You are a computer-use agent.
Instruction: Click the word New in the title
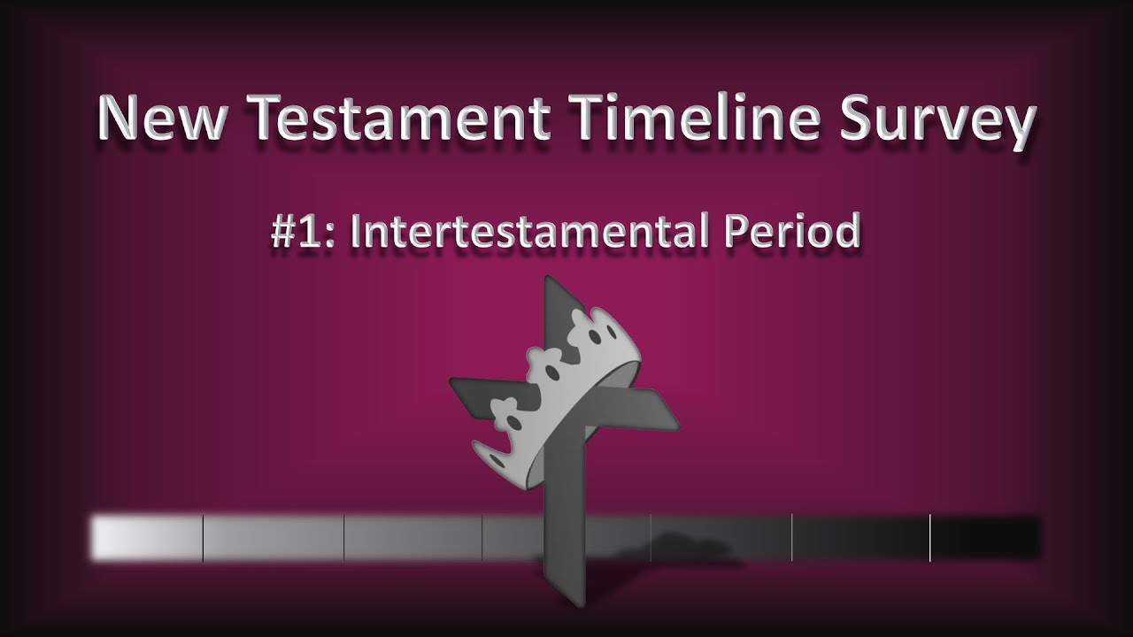point(158,119)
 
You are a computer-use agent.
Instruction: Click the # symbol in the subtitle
point(285,232)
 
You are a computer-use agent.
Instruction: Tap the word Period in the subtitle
point(792,232)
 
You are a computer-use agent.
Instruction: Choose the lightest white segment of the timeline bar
point(146,537)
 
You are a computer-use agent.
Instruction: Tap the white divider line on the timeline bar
point(930,537)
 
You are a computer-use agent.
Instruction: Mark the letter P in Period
point(736,232)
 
